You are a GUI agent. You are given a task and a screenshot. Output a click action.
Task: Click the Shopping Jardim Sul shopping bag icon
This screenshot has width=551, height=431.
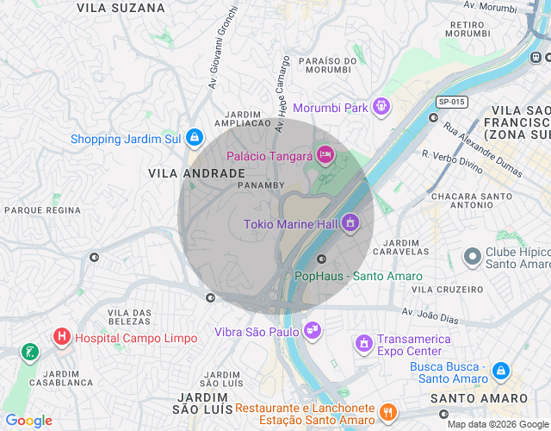(195, 138)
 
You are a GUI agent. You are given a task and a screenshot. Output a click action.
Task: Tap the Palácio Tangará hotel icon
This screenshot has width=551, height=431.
(325, 155)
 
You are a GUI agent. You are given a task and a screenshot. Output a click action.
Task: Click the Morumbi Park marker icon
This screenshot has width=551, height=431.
(381, 108)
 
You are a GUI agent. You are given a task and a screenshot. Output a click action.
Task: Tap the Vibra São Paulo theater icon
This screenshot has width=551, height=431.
(313, 331)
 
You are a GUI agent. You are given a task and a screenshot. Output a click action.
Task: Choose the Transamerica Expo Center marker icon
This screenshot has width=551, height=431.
(364, 343)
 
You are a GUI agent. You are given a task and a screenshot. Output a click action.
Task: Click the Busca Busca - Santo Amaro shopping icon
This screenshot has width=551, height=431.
(501, 372)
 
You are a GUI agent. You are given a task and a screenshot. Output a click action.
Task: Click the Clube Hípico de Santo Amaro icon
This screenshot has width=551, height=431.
(472, 257)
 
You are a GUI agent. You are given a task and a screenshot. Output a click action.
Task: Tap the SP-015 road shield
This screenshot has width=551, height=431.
(451, 102)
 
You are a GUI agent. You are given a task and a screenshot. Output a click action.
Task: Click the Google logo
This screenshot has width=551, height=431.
(28, 421)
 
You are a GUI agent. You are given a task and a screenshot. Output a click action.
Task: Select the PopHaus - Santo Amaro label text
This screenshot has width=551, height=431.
(359, 277)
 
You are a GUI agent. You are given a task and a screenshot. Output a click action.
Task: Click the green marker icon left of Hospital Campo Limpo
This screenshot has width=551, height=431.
(30, 351)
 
